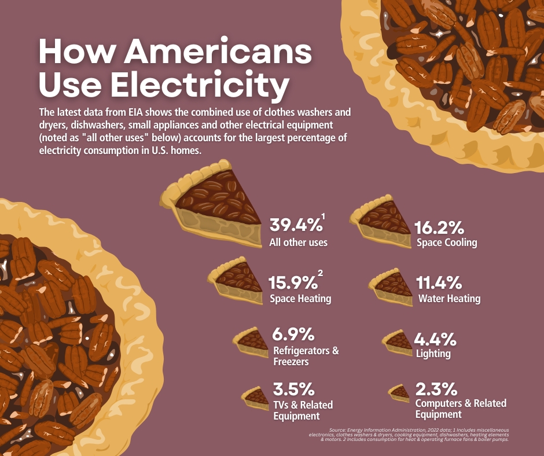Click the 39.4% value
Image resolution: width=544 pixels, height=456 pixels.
[x=296, y=225]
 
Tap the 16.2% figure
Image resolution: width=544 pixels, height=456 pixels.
[x=439, y=227]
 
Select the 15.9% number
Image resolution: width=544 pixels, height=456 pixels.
[x=293, y=282]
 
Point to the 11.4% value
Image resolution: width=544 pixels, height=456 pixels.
[x=439, y=282]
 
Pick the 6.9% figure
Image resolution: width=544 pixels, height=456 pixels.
[x=293, y=334]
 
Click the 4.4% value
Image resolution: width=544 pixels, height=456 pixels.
[x=435, y=339]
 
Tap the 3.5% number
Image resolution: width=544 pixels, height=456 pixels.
[x=293, y=389]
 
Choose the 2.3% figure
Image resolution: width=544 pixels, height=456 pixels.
[x=436, y=389]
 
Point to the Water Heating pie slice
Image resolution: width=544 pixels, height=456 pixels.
[x=392, y=288]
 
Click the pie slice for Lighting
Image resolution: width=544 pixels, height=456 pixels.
[x=398, y=343]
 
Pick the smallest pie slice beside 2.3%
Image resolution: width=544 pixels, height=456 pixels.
[x=399, y=393]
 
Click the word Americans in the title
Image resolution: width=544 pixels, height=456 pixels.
[x=218, y=52]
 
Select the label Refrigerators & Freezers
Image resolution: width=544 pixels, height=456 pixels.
[x=306, y=356]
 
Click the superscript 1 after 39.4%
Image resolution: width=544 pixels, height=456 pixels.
[x=324, y=217]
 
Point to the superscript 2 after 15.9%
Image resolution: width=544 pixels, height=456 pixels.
[x=320, y=273]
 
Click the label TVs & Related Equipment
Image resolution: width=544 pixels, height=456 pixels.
[x=303, y=410]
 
